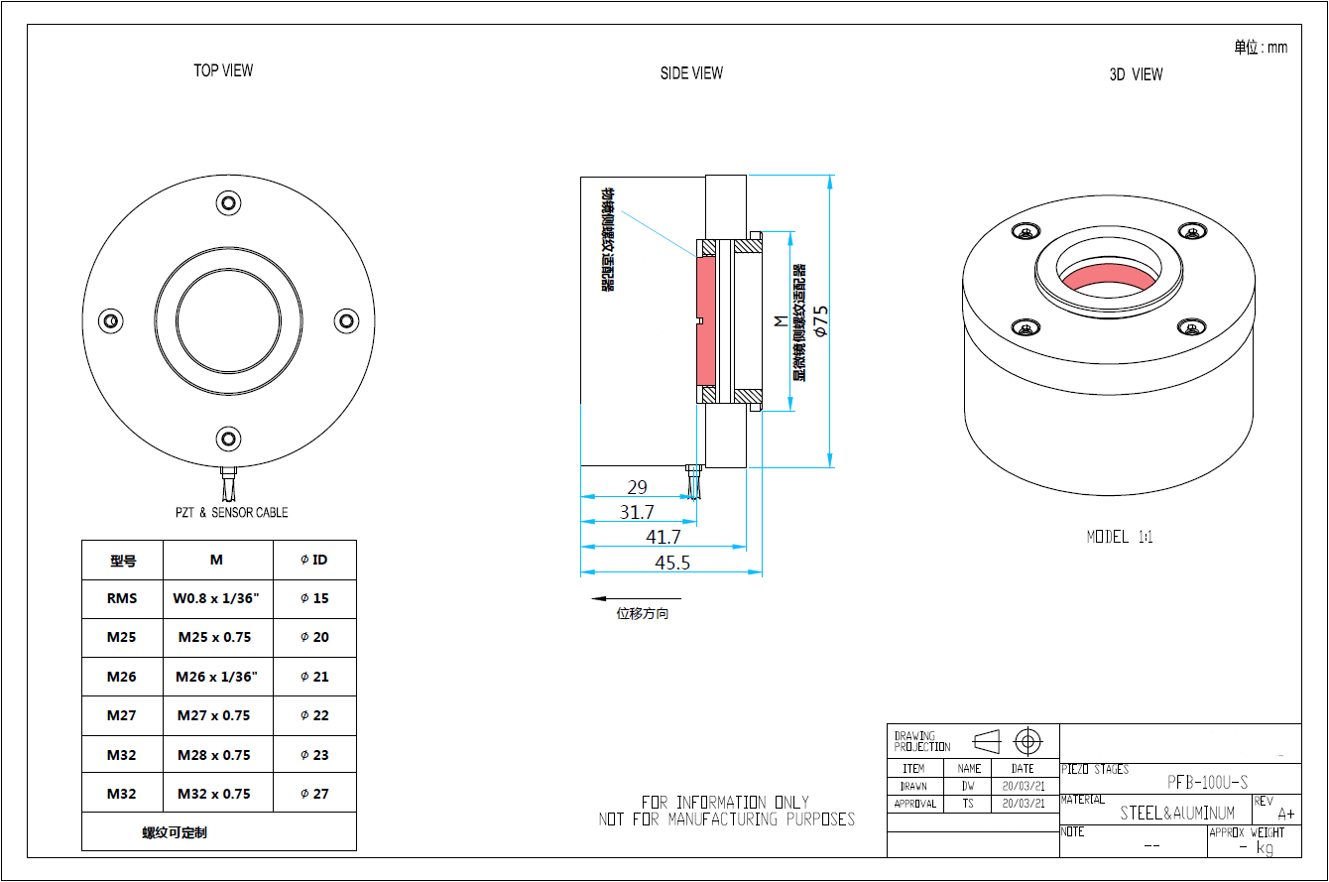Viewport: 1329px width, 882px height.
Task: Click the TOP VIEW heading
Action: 223,70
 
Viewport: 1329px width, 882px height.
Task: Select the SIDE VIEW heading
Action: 691,72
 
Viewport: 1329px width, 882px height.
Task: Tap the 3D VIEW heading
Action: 1136,74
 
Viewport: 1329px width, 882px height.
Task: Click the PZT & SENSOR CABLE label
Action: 231,512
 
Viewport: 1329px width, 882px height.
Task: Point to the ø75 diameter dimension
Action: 820,321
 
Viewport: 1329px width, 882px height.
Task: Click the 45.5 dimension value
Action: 671,562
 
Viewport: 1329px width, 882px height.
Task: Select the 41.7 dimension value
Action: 664,537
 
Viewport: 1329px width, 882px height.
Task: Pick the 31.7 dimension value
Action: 637,512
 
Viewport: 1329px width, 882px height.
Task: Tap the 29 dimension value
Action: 637,487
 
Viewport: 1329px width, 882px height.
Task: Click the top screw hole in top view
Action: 229,203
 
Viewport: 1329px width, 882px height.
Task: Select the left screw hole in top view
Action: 110,320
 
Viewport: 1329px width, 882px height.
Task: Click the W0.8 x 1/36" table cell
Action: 216,598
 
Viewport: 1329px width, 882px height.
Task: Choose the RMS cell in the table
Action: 122,598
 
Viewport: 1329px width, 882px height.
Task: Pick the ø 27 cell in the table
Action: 314,794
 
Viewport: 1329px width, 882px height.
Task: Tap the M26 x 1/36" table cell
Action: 216,677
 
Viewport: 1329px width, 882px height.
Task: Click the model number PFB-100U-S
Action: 1207,782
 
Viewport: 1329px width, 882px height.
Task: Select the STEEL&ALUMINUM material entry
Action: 1177,814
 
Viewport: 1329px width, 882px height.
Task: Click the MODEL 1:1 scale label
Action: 1120,537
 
